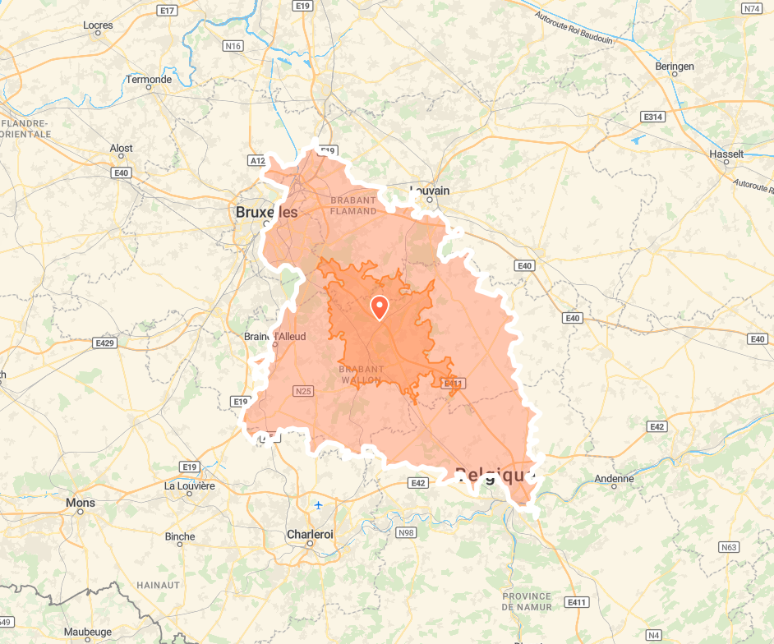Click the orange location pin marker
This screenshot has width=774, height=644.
click(x=380, y=306)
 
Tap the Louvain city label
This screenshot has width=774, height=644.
click(x=430, y=191)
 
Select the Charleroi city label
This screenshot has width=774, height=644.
click(x=310, y=534)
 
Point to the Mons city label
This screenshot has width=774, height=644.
click(x=81, y=503)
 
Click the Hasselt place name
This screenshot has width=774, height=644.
click(x=726, y=154)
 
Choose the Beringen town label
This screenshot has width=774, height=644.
click(x=675, y=67)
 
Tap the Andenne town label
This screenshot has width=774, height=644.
click(x=615, y=479)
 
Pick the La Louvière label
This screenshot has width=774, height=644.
click(x=189, y=485)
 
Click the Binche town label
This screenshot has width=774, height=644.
click(x=180, y=536)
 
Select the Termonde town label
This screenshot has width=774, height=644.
click(x=149, y=80)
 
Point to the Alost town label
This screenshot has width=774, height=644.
click(x=121, y=148)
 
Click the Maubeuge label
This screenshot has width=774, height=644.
click(x=87, y=632)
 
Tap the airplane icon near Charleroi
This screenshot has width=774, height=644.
click(x=318, y=504)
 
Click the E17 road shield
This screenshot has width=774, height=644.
click(x=168, y=10)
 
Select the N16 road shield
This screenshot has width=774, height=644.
click(x=233, y=46)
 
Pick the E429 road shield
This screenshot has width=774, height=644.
click(x=104, y=343)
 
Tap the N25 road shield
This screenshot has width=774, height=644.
click(x=302, y=391)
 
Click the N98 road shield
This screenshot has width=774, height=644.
click(x=406, y=532)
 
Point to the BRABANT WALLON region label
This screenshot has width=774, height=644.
click(x=360, y=375)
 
